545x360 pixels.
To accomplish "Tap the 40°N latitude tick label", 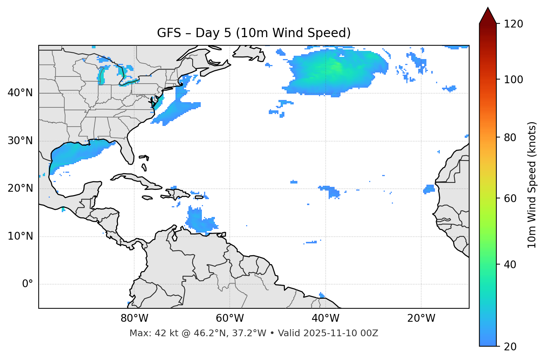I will pos(20,93).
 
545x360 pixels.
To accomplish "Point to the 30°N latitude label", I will pos(20,141).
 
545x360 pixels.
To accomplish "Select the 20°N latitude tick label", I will pos(20,188).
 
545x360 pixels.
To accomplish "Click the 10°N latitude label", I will pos(20,236).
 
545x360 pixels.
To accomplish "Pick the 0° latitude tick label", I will pos(27,284).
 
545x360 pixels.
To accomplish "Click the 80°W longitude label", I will pos(134,318).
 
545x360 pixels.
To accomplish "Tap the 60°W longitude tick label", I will pos(230,318).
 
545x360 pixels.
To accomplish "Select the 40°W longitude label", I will pos(325,318).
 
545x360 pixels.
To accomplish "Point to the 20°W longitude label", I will pos(421,318).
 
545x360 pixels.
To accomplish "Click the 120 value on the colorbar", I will pos(513,24).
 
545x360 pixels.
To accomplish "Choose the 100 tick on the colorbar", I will pos(513,80).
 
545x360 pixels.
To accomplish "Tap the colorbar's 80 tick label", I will pos(510,137).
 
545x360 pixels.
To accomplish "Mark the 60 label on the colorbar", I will pos(510,198).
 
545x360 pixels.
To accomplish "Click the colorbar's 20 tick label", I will pos(510,347).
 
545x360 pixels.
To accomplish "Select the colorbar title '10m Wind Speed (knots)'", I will pos(532,185).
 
